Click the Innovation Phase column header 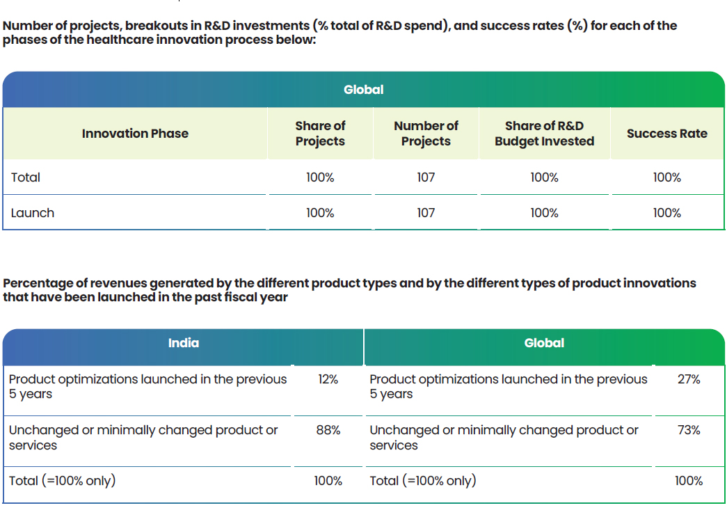(x=135, y=134)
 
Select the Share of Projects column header (x=320, y=134)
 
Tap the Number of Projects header (x=426, y=134)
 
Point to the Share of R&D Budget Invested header (x=544, y=134)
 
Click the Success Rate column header (x=666, y=134)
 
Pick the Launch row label (x=33, y=213)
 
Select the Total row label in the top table (x=26, y=177)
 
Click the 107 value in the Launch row (x=426, y=213)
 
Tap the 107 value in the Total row (x=426, y=177)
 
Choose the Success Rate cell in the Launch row (x=666, y=213)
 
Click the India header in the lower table (x=184, y=343)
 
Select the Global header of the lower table (x=544, y=343)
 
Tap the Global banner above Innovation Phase (x=363, y=90)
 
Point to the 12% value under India (x=328, y=379)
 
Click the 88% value (x=328, y=430)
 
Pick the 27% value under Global (x=689, y=379)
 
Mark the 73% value (x=689, y=430)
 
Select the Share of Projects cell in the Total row (x=320, y=177)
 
